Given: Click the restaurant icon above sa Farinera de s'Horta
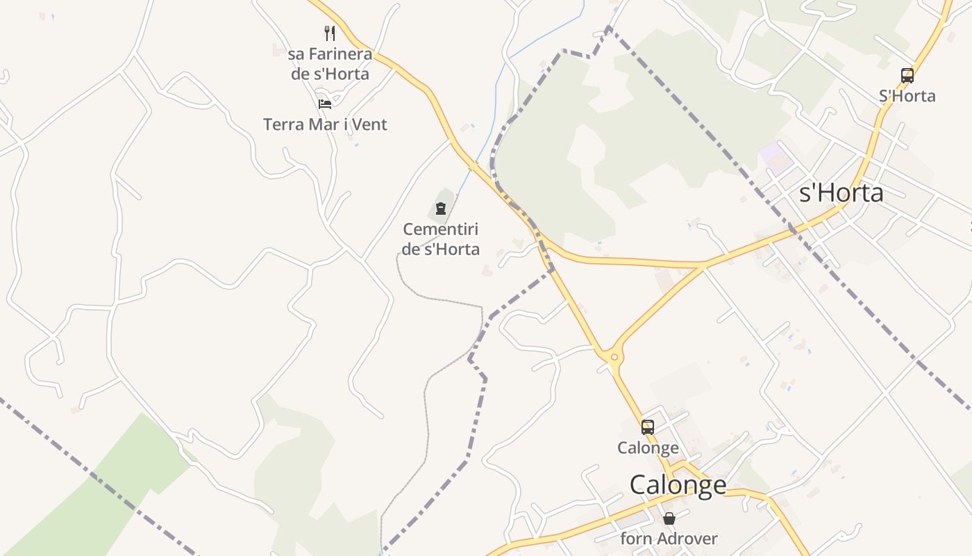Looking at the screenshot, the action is (330, 33).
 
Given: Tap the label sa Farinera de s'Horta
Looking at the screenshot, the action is (330, 63).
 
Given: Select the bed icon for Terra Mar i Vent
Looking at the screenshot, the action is (325, 104).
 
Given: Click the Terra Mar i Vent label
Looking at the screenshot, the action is (325, 124).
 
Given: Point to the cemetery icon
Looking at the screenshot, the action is (440, 208).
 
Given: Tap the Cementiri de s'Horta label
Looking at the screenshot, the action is (441, 238).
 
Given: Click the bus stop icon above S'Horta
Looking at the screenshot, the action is (907, 76).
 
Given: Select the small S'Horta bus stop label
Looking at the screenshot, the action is (907, 96).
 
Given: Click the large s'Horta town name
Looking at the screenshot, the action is (841, 193).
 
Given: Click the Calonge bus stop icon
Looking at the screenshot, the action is (647, 427).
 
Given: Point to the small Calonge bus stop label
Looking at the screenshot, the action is (648, 448).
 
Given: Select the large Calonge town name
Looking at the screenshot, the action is (678, 484).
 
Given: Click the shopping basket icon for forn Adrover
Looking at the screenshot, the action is (669, 518).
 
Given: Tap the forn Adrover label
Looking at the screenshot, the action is (669, 539).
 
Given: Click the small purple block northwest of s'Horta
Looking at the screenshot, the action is (777, 158).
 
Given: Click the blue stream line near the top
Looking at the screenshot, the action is (542, 38).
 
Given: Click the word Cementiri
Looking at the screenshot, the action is (441, 229).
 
